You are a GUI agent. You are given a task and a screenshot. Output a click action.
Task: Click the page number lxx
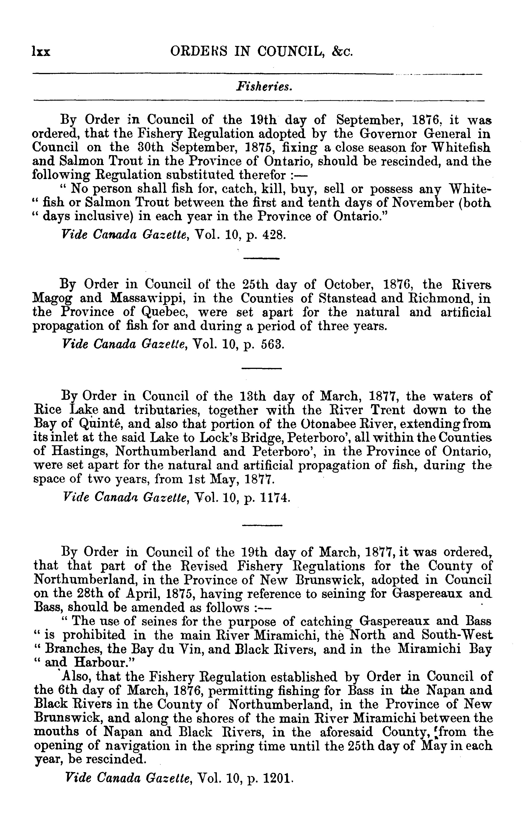pyautogui.click(x=41, y=52)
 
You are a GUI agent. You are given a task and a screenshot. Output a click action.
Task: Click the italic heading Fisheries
pyautogui.click(x=264, y=87)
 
